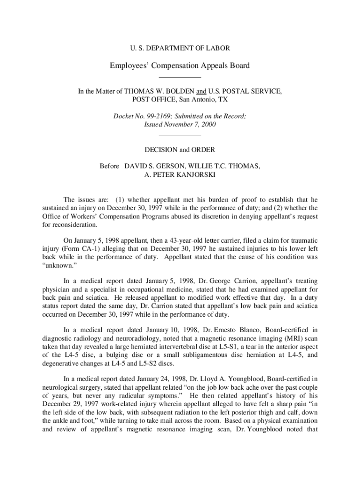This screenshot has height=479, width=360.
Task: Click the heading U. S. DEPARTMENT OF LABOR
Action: (x=180, y=48)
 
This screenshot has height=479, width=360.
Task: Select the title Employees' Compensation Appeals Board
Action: (x=180, y=65)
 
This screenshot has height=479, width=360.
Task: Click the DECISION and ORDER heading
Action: (x=180, y=150)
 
